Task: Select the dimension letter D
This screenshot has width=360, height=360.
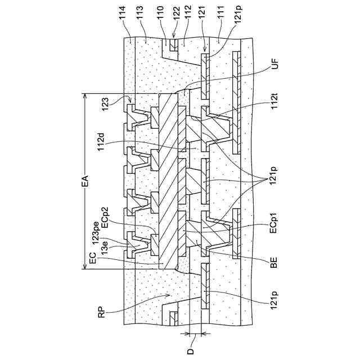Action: tap(190, 352)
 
